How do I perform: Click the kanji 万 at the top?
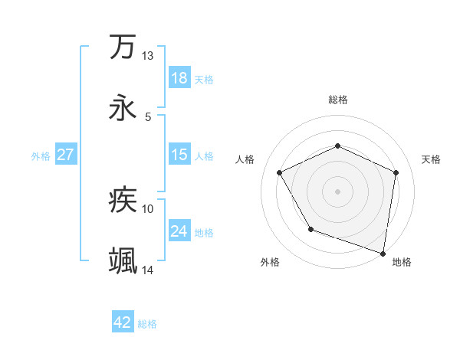tap(123, 47)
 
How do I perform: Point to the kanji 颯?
tap(123, 261)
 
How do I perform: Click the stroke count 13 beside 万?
tap(148, 56)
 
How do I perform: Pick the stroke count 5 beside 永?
tap(148, 116)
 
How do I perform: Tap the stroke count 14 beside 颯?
tap(148, 270)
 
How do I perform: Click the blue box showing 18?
tap(179, 78)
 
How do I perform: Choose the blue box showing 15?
tap(179, 155)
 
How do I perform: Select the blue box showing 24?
tap(179, 231)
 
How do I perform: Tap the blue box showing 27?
tap(65, 155)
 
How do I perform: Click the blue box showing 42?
tap(123, 323)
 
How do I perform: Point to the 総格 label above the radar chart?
tap(338, 100)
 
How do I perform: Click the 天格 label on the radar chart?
tap(432, 159)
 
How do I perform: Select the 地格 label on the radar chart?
tap(402, 262)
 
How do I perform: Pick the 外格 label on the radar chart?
tap(270, 262)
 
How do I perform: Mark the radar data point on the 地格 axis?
tap(383, 253)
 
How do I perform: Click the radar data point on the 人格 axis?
tap(280, 172)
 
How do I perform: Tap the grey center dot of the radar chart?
tap(337, 191)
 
